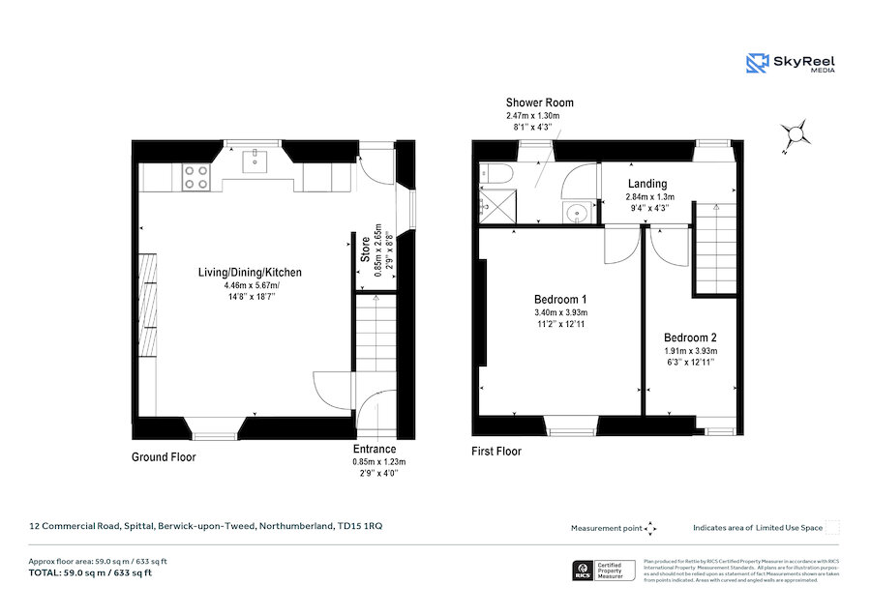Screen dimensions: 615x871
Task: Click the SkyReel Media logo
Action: [x=790, y=64]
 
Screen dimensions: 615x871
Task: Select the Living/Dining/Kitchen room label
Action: [x=250, y=273]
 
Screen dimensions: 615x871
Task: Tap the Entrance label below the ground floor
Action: [x=375, y=449]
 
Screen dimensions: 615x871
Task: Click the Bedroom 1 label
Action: [x=560, y=299]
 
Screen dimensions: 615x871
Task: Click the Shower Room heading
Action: [x=539, y=102]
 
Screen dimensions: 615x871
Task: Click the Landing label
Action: [x=647, y=184]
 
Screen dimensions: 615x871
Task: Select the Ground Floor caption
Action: [x=165, y=456]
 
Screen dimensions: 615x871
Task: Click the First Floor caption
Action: [x=496, y=451]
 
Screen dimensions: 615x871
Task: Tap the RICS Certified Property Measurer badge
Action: [x=606, y=571]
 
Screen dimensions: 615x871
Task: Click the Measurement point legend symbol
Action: [x=650, y=528]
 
